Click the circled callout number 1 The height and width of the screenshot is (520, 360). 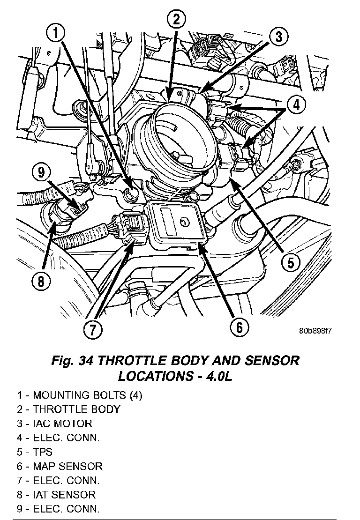point(55,34)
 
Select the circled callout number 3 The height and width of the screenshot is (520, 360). point(278,37)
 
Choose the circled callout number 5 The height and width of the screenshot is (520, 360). point(290,262)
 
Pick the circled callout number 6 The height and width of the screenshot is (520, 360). point(239,327)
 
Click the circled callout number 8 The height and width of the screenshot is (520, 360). point(41,282)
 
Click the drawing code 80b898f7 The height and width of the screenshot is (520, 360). point(315,331)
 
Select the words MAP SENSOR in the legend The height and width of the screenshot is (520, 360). point(67,466)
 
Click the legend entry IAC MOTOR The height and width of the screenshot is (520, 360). point(63,423)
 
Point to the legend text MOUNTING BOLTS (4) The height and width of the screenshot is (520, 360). point(88,395)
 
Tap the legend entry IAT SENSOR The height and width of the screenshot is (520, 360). point(64,495)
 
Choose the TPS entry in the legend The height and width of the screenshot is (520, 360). point(43,452)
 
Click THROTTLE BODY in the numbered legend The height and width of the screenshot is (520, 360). point(76,409)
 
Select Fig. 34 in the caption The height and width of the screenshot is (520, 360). point(72,360)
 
